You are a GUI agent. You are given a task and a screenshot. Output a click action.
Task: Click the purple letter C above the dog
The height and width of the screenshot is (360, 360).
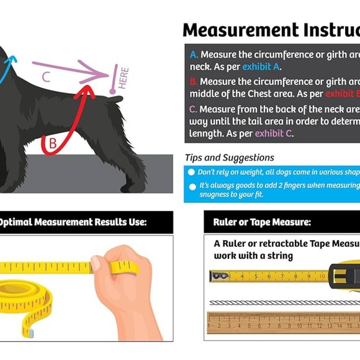pyautogui.click(x=46, y=77)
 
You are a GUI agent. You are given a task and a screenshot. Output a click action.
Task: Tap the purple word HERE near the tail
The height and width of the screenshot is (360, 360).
pyautogui.click(x=123, y=78)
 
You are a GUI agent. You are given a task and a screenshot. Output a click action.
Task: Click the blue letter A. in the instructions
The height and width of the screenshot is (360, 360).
pyautogui.click(x=194, y=55)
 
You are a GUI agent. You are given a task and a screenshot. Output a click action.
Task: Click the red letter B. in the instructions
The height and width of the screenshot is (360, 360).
pyautogui.click(x=194, y=82)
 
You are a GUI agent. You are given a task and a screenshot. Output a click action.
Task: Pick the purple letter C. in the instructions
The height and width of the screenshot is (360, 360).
pyautogui.click(x=194, y=109)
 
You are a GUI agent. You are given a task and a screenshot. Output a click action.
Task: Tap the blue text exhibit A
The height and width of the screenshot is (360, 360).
pyautogui.click(x=261, y=67)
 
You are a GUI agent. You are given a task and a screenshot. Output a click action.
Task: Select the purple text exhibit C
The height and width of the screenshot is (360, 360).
pyautogui.click(x=274, y=133)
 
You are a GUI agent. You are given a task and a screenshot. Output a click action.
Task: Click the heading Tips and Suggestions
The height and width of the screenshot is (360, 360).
pyautogui.click(x=229, y=158)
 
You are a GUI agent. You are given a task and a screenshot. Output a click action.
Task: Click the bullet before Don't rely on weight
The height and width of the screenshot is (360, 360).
pyautogui.click(x=192, y=172)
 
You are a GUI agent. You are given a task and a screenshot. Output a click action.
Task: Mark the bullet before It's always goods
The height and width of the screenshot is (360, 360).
pyautogui.click(x=192, y=186)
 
